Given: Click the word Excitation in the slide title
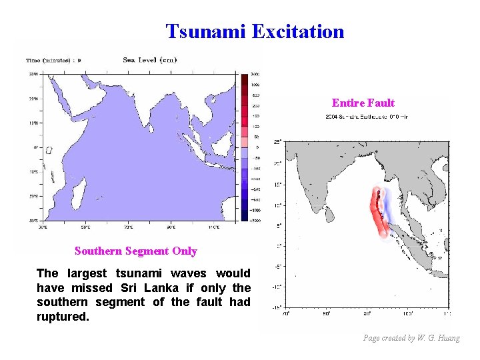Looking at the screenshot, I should coord(298,31).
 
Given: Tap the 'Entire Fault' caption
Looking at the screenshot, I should coord(363,103).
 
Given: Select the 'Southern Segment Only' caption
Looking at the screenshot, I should coord(136,251).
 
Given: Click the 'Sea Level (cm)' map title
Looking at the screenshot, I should coord(149,60).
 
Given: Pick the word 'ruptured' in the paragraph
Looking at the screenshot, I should coord(61,317).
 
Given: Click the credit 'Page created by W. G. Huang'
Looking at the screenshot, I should coord(411,338).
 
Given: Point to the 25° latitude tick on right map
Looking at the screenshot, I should coord(277,141).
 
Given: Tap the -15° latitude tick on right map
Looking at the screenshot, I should coord(276,307).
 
